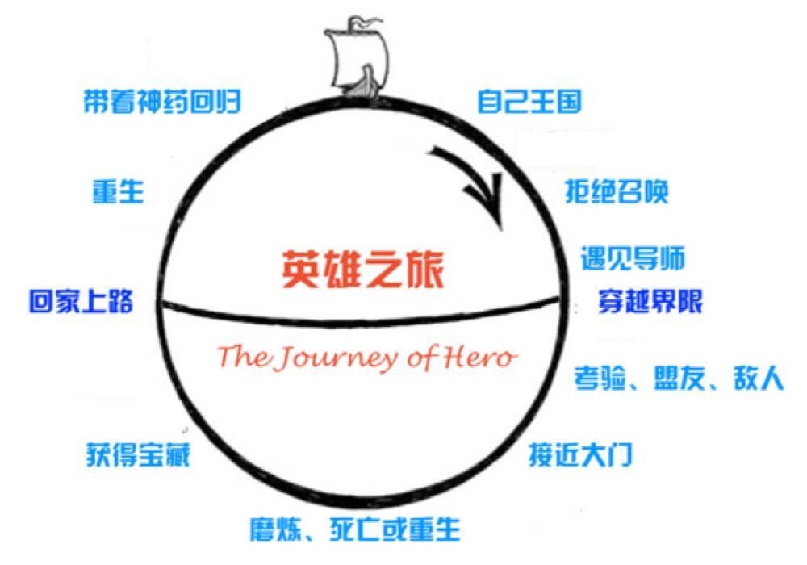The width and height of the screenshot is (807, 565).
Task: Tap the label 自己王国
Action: (529, 103)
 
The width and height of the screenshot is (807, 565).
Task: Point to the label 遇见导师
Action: (633, 259)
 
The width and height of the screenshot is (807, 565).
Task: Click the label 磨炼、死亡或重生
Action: (355, 529)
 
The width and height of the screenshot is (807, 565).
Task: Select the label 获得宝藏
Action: (138, 455)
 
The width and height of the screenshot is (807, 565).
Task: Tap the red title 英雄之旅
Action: (363, 270)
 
